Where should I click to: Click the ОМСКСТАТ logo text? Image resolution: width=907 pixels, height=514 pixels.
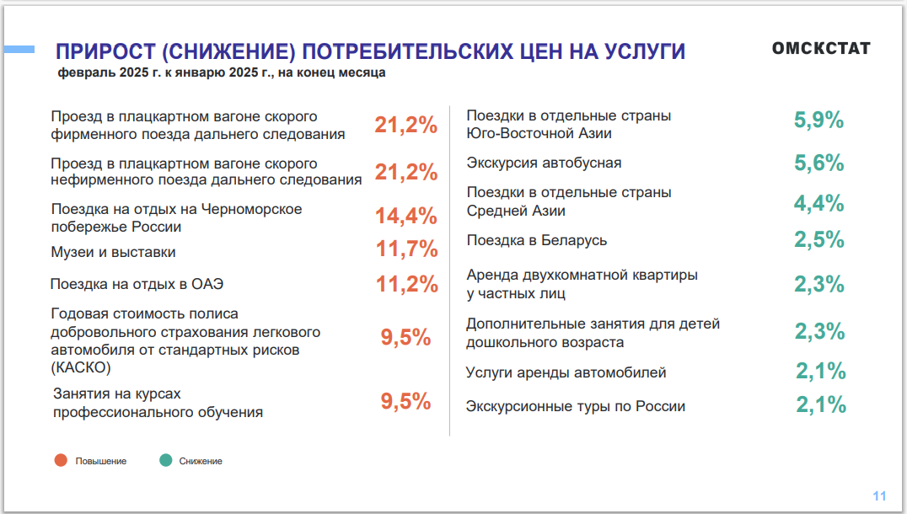tap(820, 49)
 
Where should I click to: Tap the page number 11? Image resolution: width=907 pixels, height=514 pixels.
tap(880, 495)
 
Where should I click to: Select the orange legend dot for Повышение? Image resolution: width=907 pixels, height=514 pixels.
tap(61, 461)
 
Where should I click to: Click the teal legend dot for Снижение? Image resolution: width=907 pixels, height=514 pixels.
tap(165, 461)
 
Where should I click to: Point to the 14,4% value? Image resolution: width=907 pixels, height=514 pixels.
tap(406, 216)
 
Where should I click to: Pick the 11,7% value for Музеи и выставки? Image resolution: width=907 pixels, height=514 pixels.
tap(406, 249)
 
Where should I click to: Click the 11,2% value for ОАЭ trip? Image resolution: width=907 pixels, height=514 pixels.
tap(406, 284)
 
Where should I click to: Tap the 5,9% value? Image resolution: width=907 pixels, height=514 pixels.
tap(818, 120)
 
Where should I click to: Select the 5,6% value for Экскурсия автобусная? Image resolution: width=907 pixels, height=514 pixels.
tap(818, 163)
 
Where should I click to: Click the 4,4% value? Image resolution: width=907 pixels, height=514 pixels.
tap(818, 203)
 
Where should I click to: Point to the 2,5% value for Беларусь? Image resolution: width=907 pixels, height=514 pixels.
tap(818, 240)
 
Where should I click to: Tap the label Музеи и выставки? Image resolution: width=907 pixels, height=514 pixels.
tap(113, 252)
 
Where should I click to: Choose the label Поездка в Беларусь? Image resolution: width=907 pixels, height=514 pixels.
tap(537, 241)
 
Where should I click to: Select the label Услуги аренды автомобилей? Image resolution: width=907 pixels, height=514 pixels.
tap(566, 372)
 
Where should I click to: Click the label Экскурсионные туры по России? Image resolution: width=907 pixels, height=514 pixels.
tap(576, 407)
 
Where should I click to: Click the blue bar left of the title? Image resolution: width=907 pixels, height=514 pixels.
tap(18, 50)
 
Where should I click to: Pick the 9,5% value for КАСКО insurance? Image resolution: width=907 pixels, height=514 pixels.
tap(405, 338)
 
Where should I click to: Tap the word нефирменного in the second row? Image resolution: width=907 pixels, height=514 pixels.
tap(95, 179)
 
